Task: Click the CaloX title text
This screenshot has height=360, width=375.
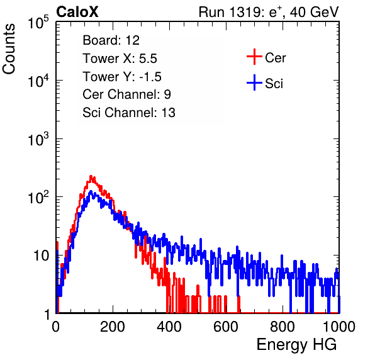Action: (77, 12)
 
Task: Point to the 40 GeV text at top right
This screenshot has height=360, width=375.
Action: (314, 12)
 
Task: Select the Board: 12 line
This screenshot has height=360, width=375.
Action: (111, 40)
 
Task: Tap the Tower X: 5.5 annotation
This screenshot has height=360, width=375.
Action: (120, 59)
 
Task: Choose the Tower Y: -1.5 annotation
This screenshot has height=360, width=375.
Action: (122, 77)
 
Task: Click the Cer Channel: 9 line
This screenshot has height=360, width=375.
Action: (126, 94)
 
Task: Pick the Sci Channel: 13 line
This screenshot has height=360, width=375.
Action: (129, 113)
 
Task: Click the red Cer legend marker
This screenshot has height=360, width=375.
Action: (254, 57)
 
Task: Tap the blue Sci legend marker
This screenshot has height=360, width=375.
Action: (254, 82)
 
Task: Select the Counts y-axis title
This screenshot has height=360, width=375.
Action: (9, 49)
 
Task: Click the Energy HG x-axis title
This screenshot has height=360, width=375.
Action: (296, 345)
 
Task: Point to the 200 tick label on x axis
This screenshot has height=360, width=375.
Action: (113, 327)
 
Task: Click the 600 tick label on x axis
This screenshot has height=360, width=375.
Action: (226, 327)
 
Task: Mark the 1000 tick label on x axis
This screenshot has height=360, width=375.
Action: (339, 327)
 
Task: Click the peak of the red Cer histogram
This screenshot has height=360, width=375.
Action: (91, 176)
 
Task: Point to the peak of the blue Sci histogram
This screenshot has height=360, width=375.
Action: (91, 191)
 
